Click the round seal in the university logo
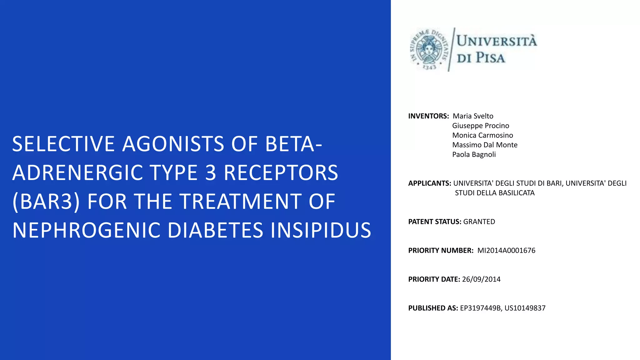coord(429,49)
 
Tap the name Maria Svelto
coord(473,116)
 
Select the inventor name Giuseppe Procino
coord(480,126)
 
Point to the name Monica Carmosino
coord(482,135)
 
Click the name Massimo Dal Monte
coord(485,145)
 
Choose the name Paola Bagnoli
coord(474,155)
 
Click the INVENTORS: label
coord(428,116)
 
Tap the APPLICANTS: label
coord(429,183)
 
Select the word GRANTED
coord(479,222)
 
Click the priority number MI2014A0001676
coord(506,251)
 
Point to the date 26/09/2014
coord(481,279)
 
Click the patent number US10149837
coord(525,308)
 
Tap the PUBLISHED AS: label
coord(433,308)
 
